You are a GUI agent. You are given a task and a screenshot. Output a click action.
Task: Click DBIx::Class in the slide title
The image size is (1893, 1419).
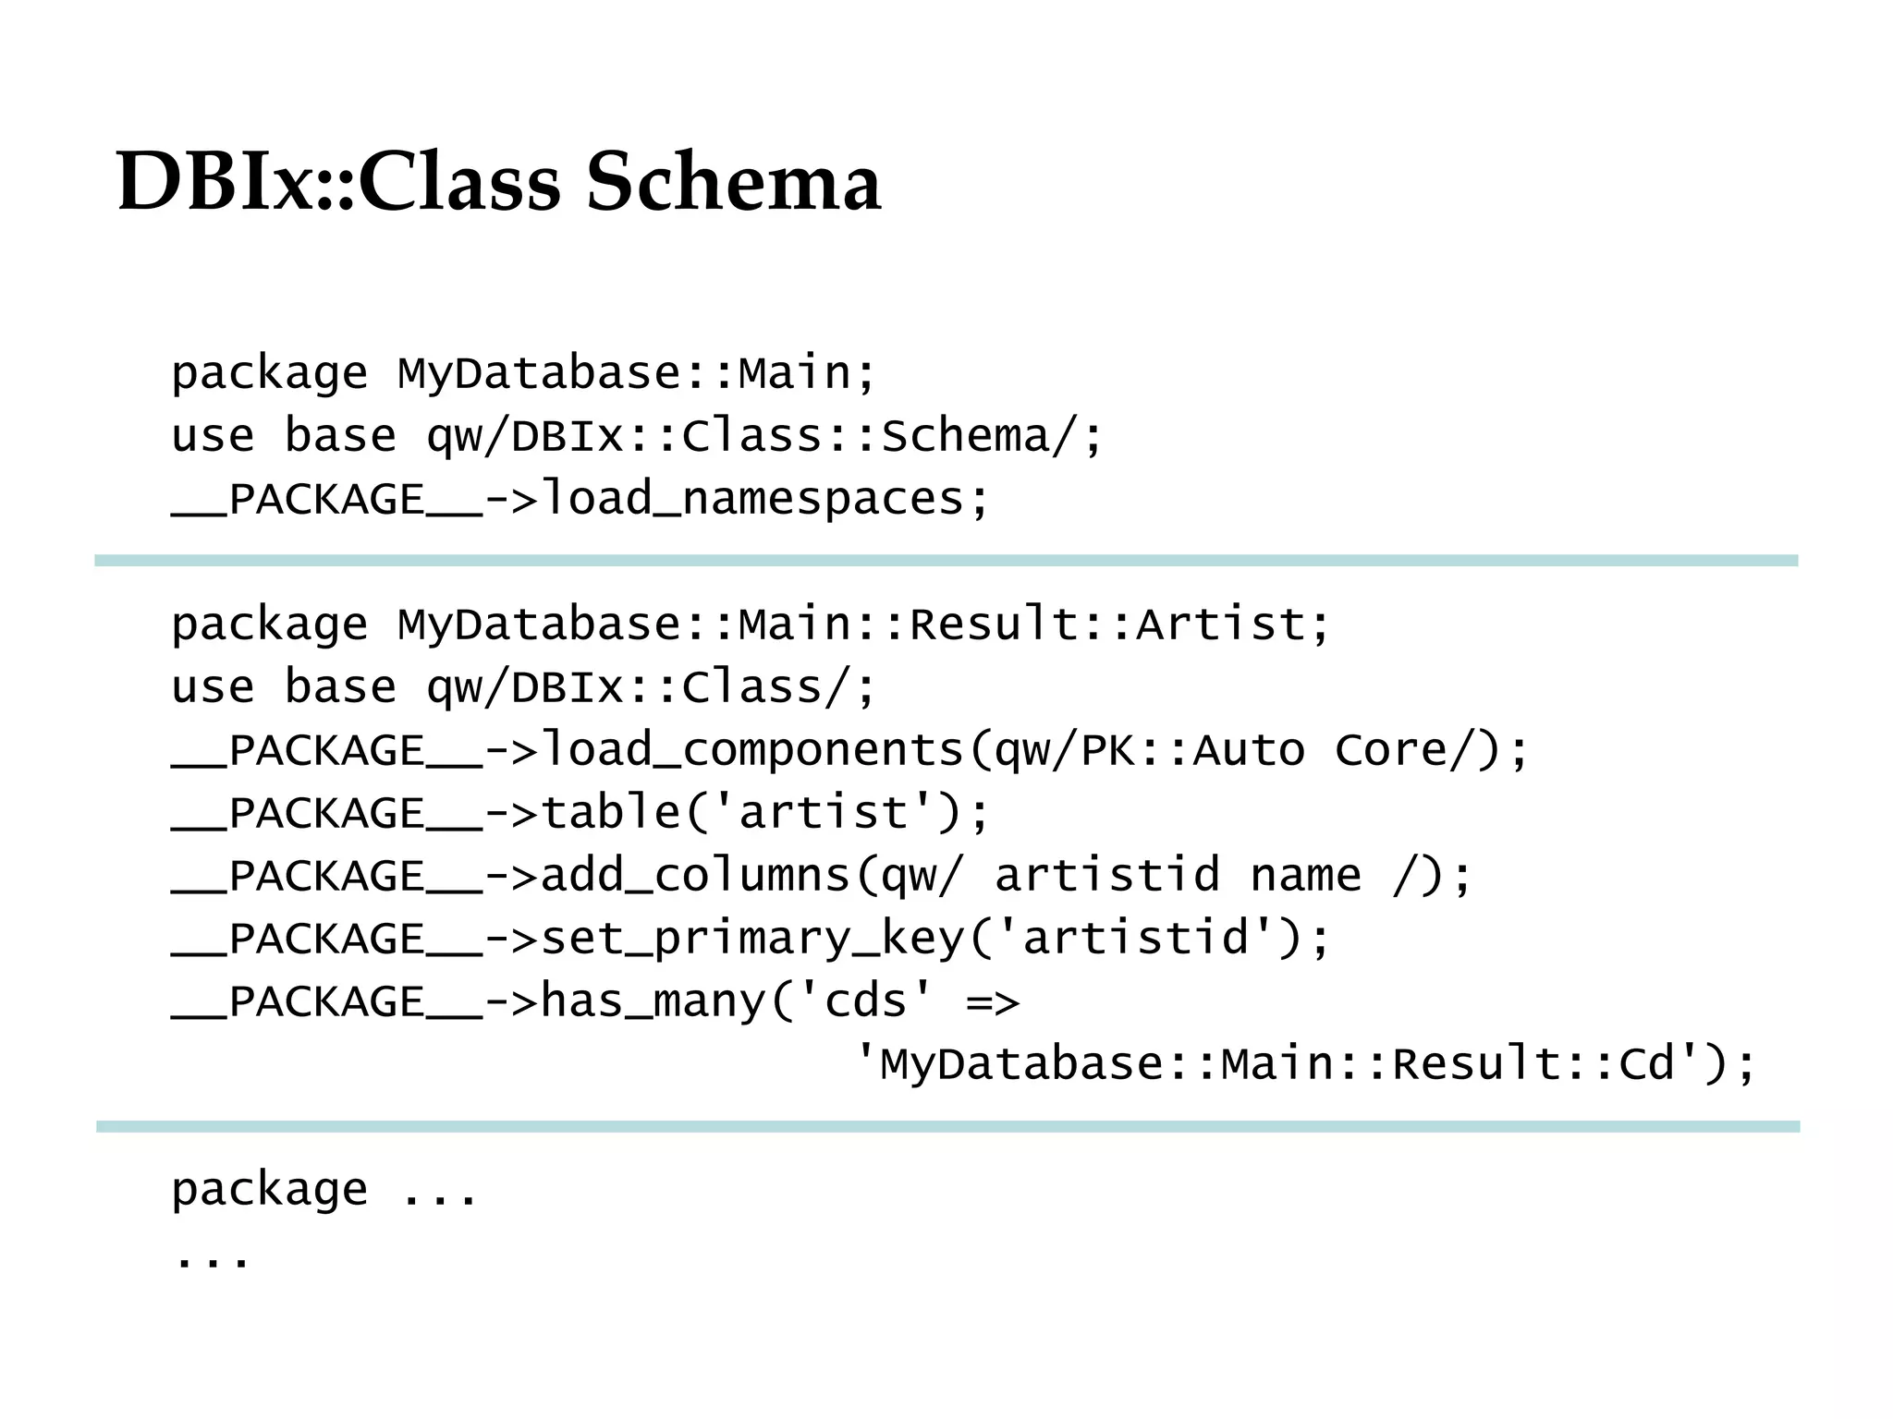(338, 181)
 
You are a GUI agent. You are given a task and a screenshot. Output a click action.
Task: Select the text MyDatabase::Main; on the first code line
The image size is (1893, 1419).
(636, 373)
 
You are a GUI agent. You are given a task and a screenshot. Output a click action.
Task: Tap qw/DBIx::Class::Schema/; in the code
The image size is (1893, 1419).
(763, 436)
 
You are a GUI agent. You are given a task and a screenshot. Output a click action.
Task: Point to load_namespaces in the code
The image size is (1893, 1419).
(752, 499)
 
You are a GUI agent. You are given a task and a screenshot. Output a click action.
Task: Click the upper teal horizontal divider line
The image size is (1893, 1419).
(946, 561)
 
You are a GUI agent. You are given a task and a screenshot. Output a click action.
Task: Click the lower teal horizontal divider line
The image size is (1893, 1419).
(946, 1126)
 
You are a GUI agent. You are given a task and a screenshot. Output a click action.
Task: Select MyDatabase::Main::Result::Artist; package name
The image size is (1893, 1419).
(863, 625)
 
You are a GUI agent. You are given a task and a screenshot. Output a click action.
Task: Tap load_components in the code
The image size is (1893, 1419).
(752, 750)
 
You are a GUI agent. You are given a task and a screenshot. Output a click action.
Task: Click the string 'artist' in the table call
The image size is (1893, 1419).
(823, 813)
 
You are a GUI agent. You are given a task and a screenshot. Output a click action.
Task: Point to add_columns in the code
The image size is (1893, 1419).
(695, 876)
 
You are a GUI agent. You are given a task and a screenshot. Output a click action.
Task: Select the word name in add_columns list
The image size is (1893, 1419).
(1305, 876)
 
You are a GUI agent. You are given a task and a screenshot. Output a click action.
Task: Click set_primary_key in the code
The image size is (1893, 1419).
(752, 939)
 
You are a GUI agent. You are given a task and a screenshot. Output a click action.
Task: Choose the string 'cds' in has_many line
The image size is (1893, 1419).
(865, 1001)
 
